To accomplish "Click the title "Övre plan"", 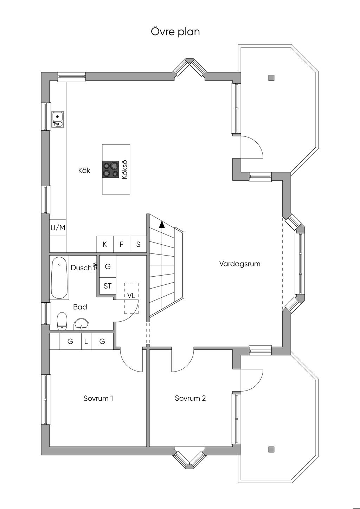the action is pos(175,32).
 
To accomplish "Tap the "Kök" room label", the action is pos(84,170).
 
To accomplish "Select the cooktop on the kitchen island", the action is pos(110,169).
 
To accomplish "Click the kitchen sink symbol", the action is pos(57,119).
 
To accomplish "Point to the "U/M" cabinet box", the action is pos(58,228).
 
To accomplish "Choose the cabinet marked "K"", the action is pos(105,244).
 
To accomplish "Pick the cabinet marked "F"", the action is pos(121,244).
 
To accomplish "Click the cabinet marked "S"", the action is pos(138,244).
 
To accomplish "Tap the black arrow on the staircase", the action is pos(162,225).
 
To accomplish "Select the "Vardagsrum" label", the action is pos(240,264).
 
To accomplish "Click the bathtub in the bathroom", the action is pos(59,278).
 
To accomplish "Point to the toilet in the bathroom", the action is pos(62,321).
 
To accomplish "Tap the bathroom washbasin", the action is pos(82,324).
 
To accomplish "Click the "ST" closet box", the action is pos(108,286).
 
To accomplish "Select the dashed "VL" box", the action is pos(131,298).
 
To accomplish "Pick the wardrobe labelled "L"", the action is pos(86,341).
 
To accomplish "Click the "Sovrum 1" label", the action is pos(98,398).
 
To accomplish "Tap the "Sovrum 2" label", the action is pos(190,398).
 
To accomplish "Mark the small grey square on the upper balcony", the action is pos(271,78).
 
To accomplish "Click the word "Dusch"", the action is pos(81,268).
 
